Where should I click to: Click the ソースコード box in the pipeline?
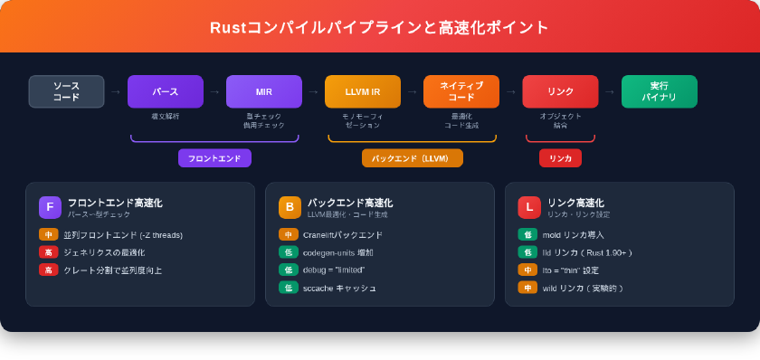(66, 91)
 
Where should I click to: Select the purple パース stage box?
(165, 91)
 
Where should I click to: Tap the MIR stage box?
(263, 91)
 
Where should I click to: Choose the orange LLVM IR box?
(362, 91)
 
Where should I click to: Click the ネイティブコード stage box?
(461, 91)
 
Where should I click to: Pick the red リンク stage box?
(560, 91)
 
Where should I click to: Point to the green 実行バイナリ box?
(659, 91)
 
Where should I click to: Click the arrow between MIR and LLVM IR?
(313, 91)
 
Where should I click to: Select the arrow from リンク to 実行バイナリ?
(610, 91)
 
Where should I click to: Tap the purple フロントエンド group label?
(214, 158)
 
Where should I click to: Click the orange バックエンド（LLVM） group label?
(412, 158)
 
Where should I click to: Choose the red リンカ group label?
(560, 158)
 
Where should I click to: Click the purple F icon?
(50, 207)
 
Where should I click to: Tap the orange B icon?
(290, 207)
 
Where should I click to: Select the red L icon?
(529, 207)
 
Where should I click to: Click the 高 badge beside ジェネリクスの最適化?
(48, 252)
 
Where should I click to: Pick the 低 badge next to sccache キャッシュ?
(288, 288)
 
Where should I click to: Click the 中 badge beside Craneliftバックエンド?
(288, 235)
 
